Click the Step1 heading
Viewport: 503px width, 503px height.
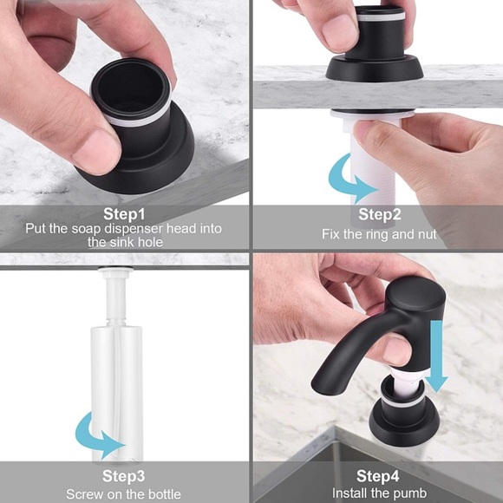tap(124, 214)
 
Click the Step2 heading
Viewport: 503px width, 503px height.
tap(380, 214)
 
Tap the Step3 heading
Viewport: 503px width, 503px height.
tap(123, 476)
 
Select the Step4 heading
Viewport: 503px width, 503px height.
tap(377, 476)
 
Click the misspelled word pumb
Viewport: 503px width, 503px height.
tap(410, 493)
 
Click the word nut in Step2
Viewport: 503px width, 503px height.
tap(427, 234)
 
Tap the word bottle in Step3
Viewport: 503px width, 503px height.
tap(164, 493)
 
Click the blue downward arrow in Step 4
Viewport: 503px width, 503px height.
tap(436, 356)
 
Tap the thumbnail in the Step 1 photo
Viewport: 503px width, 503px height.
tap(95, 151)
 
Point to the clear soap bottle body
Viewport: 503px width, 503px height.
tap(116, 391)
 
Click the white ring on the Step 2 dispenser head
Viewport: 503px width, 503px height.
tap(380, 16)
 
